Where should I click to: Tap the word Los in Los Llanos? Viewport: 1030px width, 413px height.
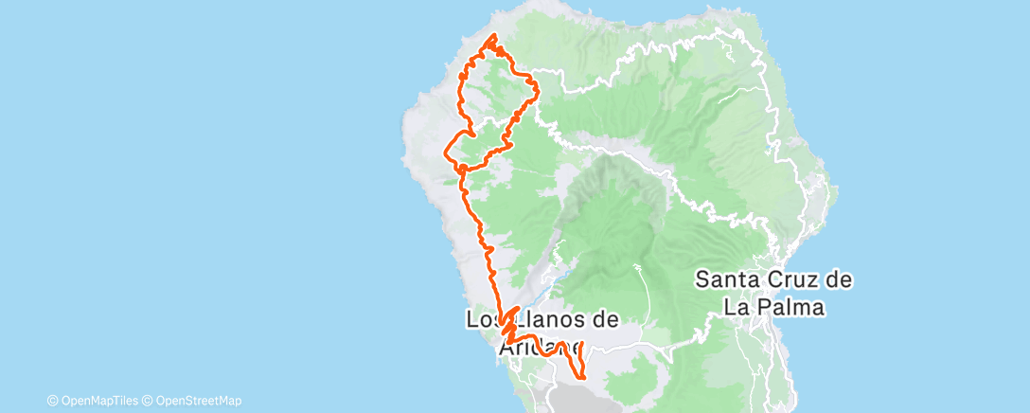coord(482,320)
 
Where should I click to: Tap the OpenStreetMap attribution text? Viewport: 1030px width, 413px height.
coord(199,401)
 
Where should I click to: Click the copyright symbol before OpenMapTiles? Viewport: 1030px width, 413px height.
coord(52,401)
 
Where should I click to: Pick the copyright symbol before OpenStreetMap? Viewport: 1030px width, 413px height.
coord(147,401)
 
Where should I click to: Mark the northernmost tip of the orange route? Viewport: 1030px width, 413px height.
coord(493,35)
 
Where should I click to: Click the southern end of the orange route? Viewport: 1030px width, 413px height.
coord(582,377)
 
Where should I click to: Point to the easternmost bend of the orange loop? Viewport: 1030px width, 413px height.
coord(538,89)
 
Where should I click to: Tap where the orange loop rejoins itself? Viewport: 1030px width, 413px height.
coord(461,168)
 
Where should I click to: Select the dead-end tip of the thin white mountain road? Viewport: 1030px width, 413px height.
coord(636,268)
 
